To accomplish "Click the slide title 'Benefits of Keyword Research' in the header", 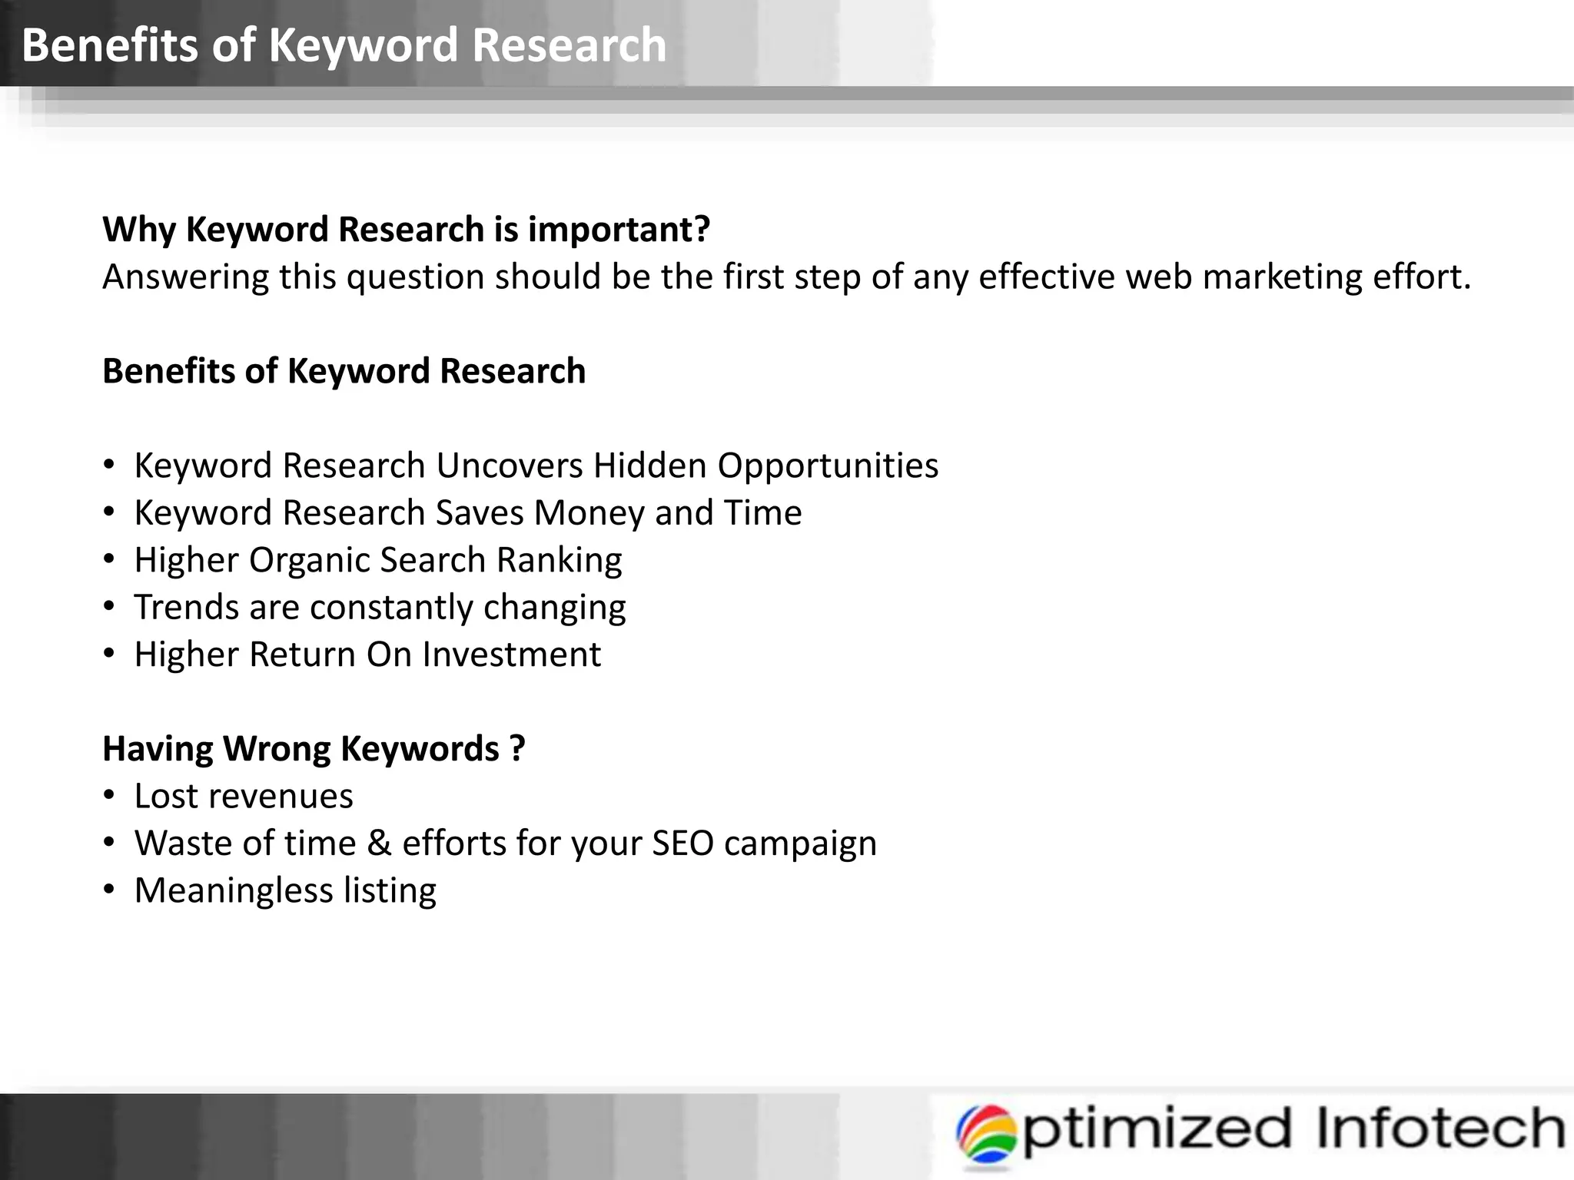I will click(344, 45).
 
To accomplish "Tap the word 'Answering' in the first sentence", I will click(185, 277).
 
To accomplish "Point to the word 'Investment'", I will click(511, 655).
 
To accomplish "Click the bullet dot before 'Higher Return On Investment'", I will click(110, 655).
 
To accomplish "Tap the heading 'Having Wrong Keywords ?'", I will click(314, 749).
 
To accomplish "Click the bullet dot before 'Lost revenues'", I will click(110, 796).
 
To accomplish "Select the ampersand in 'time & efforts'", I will click(379, 844).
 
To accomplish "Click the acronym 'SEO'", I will click(682, 844).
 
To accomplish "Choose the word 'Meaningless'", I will click(234, 891).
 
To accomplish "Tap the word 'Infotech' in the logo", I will click(1440, 1128).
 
